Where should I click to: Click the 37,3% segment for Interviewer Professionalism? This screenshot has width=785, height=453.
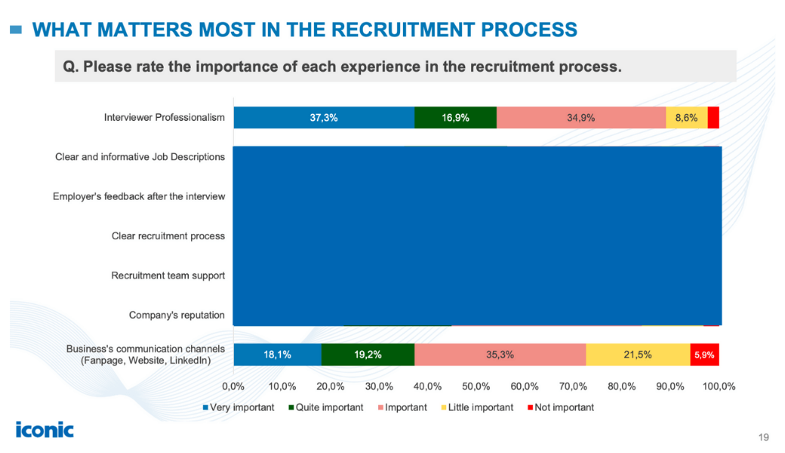click(x=324, y=118)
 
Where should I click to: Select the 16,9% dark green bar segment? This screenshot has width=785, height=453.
click(x=455, y=118)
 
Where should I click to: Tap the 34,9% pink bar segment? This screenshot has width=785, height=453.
click(x=581, y=118)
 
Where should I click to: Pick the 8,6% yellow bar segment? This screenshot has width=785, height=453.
click(x=686, y=118)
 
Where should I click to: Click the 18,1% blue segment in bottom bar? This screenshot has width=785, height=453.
click(x=277, y=354)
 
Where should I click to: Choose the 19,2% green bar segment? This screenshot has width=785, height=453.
click(x=368, y=354)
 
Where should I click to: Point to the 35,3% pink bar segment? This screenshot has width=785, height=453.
click(x=500, y=354)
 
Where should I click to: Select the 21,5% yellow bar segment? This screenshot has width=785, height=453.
click(x=638, y=354)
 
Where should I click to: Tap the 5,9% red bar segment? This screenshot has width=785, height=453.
click(x=704, y=354)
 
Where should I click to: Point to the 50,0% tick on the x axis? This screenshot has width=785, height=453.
click(x=476, y=386)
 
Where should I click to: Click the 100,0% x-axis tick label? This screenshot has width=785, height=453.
click(x=719, y=386)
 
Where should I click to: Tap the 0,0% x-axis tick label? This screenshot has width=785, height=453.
click(x=234, y=386)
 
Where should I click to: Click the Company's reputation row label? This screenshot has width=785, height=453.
click(x=177, y=315)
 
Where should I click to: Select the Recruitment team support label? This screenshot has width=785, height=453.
click(x=168, y=276)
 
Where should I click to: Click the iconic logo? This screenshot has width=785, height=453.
click(x=45, y=430)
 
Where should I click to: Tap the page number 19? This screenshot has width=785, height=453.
click(x=763, y=437)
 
